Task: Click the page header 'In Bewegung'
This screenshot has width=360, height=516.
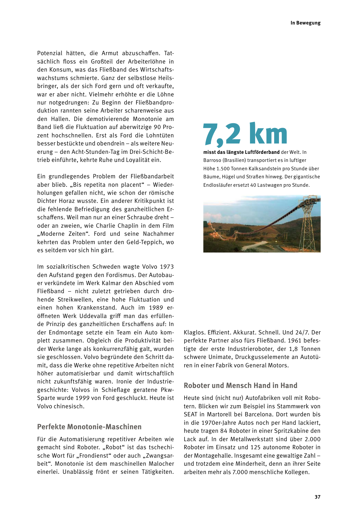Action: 305,23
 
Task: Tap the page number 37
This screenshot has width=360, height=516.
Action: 317,497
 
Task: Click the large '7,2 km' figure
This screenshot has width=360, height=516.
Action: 245,134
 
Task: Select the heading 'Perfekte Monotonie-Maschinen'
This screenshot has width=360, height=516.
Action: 89,427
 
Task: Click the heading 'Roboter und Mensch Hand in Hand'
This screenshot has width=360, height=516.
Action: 240,385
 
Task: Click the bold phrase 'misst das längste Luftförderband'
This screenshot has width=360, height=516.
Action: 241,152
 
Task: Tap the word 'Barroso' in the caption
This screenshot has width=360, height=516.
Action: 212,160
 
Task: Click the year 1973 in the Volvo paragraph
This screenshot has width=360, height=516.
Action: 167,267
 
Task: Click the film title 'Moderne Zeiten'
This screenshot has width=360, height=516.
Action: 63,234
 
